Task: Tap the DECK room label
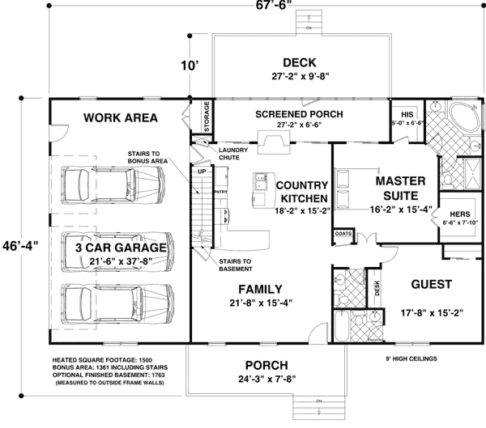point(299,63)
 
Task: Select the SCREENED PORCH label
point(299,114)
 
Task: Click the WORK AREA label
point(120,118)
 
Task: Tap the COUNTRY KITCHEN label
point(301,192)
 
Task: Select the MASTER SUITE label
point(397,189)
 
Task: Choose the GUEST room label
point(431,285)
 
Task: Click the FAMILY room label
point(259,289)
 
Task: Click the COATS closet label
point(343,235)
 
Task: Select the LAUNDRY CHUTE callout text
point(233,153)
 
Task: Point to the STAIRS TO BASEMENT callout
point(235,265)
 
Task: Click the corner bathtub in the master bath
point(463,116)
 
